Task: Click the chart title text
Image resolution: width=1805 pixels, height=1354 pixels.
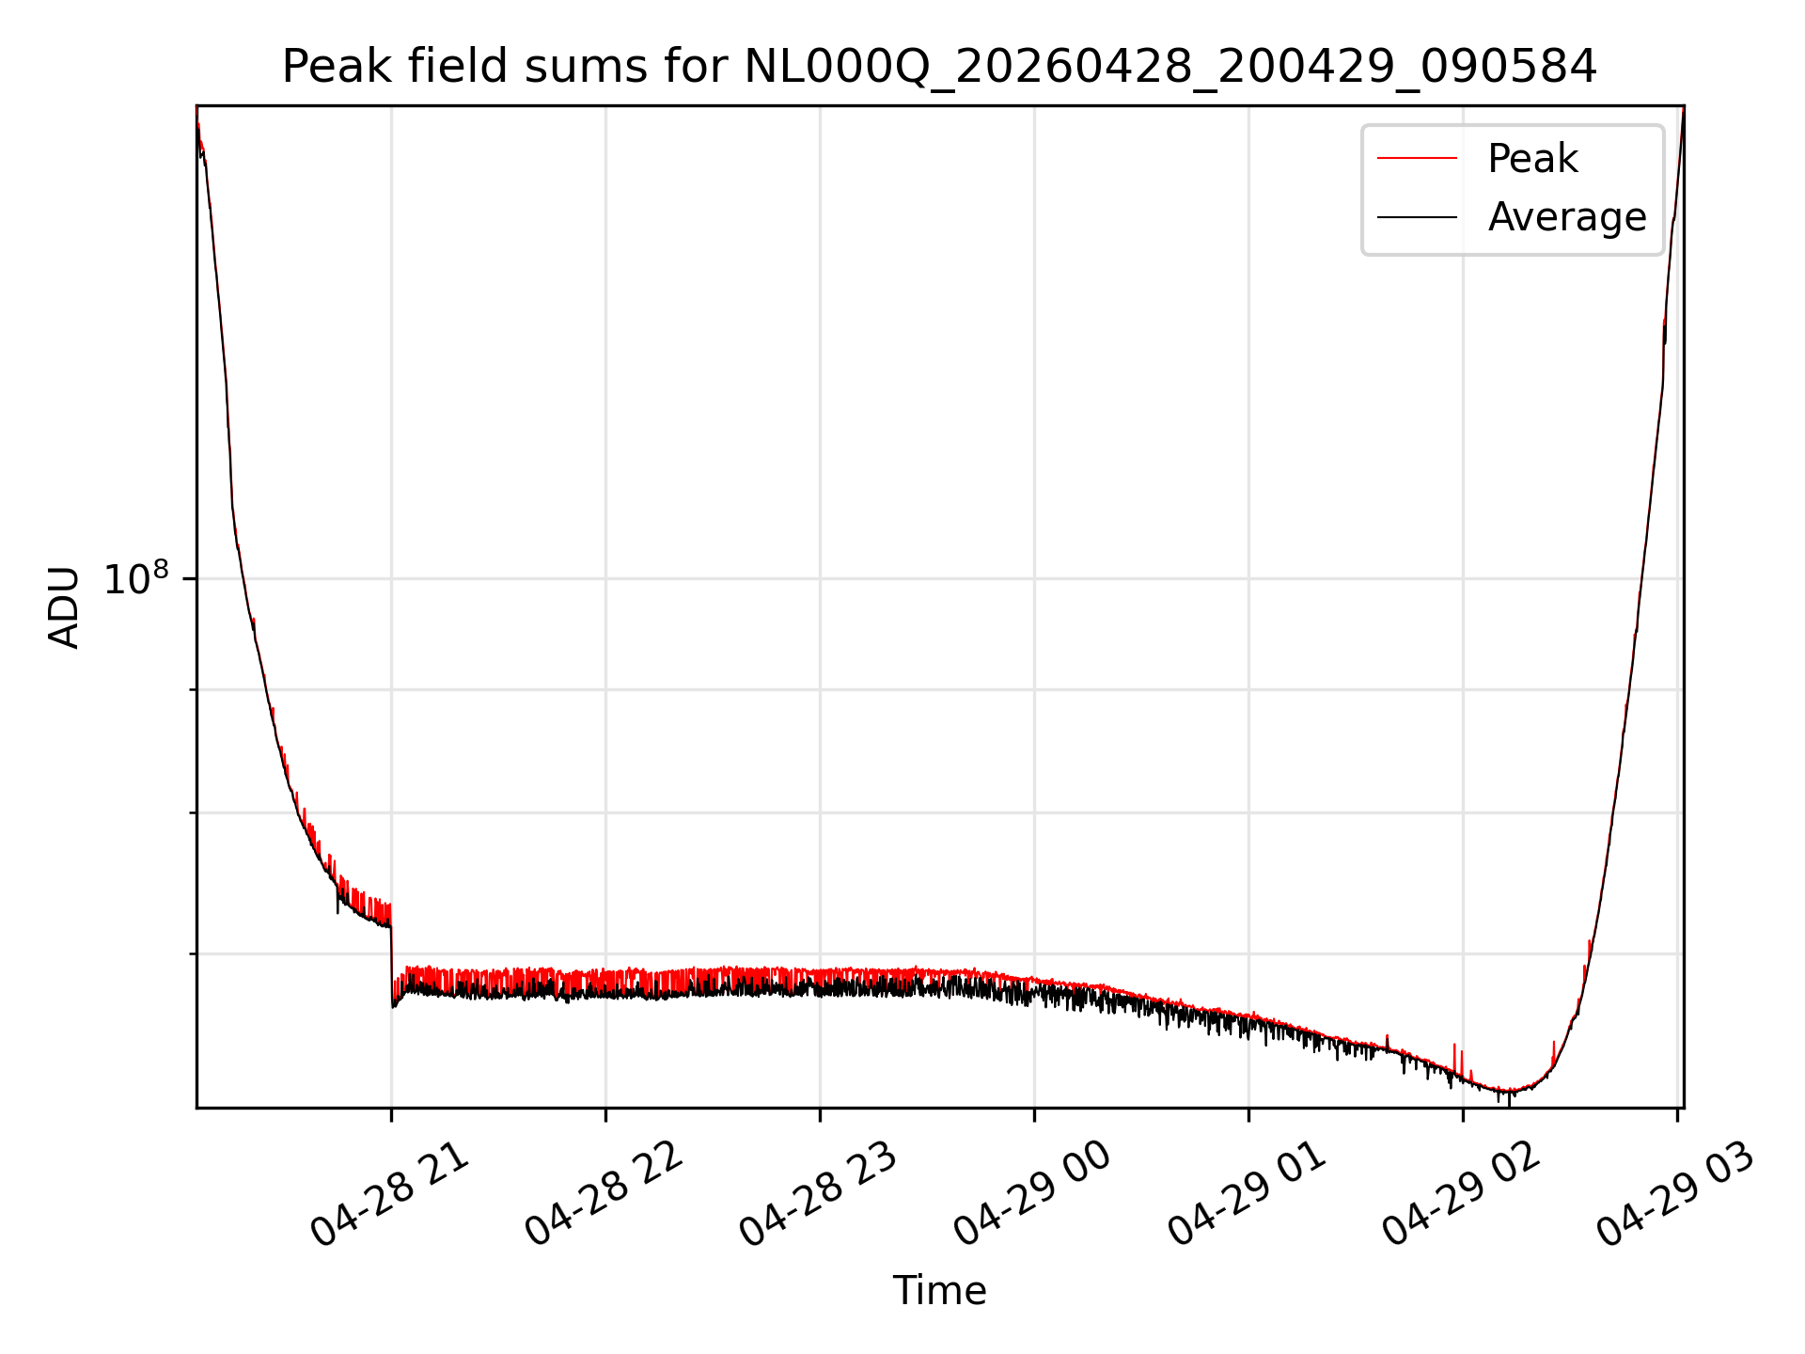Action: (x=939, y=67)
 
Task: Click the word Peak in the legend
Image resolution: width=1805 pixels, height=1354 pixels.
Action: (x=1532, y=159)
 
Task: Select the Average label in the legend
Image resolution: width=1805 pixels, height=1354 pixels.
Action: (x=1567, y=217)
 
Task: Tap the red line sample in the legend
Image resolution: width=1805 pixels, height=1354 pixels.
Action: (x=1418, y=159)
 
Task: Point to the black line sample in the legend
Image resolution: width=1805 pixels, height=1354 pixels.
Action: (x=1418, y=217)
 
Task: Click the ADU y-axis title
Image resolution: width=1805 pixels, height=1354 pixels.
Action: (x=64, y=607)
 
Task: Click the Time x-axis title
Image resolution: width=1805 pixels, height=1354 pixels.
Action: (x=939, y=1291)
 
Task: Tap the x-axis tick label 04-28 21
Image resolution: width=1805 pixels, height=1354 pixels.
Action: (x=390, y=1194)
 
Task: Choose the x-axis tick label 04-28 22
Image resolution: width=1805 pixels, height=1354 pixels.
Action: (x=604, y=1194)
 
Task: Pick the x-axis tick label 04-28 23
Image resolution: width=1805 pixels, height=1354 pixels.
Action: (x=819, y=1194)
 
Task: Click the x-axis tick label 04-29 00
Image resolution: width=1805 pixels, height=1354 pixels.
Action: (x=1033, y=1194)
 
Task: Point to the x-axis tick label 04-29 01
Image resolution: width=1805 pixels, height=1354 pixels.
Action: (x=1248, y=1194)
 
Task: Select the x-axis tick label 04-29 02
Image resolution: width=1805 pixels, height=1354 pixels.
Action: (x=1462, y=1194)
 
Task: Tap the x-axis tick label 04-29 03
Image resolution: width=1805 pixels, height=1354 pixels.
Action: (x=1676, y=1194)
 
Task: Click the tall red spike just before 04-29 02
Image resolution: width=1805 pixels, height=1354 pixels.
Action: (x=1454, y=1057)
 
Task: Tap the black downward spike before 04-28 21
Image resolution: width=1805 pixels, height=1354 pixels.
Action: (x=337, y=900)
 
